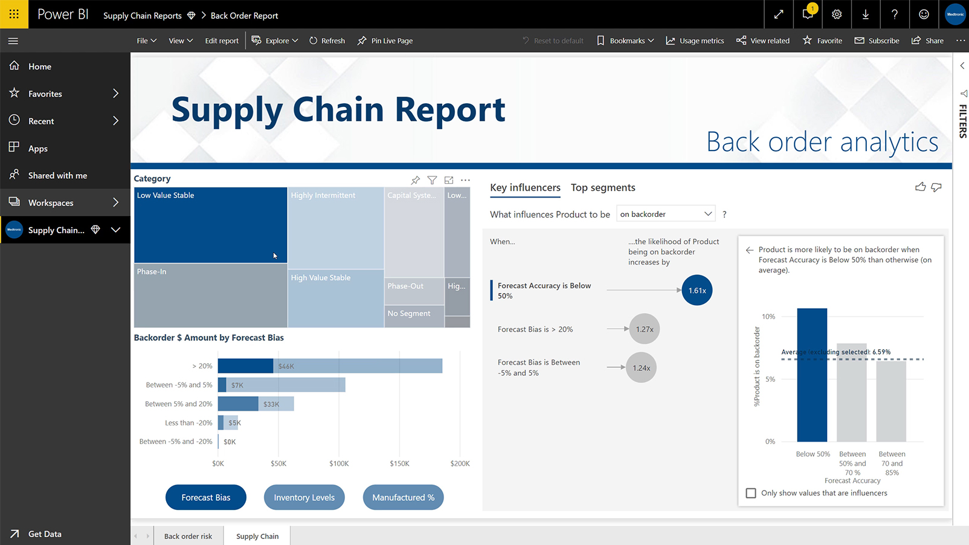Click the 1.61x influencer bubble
point(697,291)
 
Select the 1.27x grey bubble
point(644,329)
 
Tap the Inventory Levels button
point(304,497)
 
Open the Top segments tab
point(602,188)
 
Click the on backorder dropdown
point(665,214)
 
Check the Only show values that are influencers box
point(751,493)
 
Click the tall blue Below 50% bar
point(811,375)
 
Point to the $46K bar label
point(286,366)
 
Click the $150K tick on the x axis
point(399,463)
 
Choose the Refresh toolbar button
point(327,41)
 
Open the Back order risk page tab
point(188,536)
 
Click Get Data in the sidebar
point(45,534)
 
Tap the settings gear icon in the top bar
point(836,15)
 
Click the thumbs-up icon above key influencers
point(920,187)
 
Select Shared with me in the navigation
point(57,176)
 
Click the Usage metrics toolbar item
point(695,41)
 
